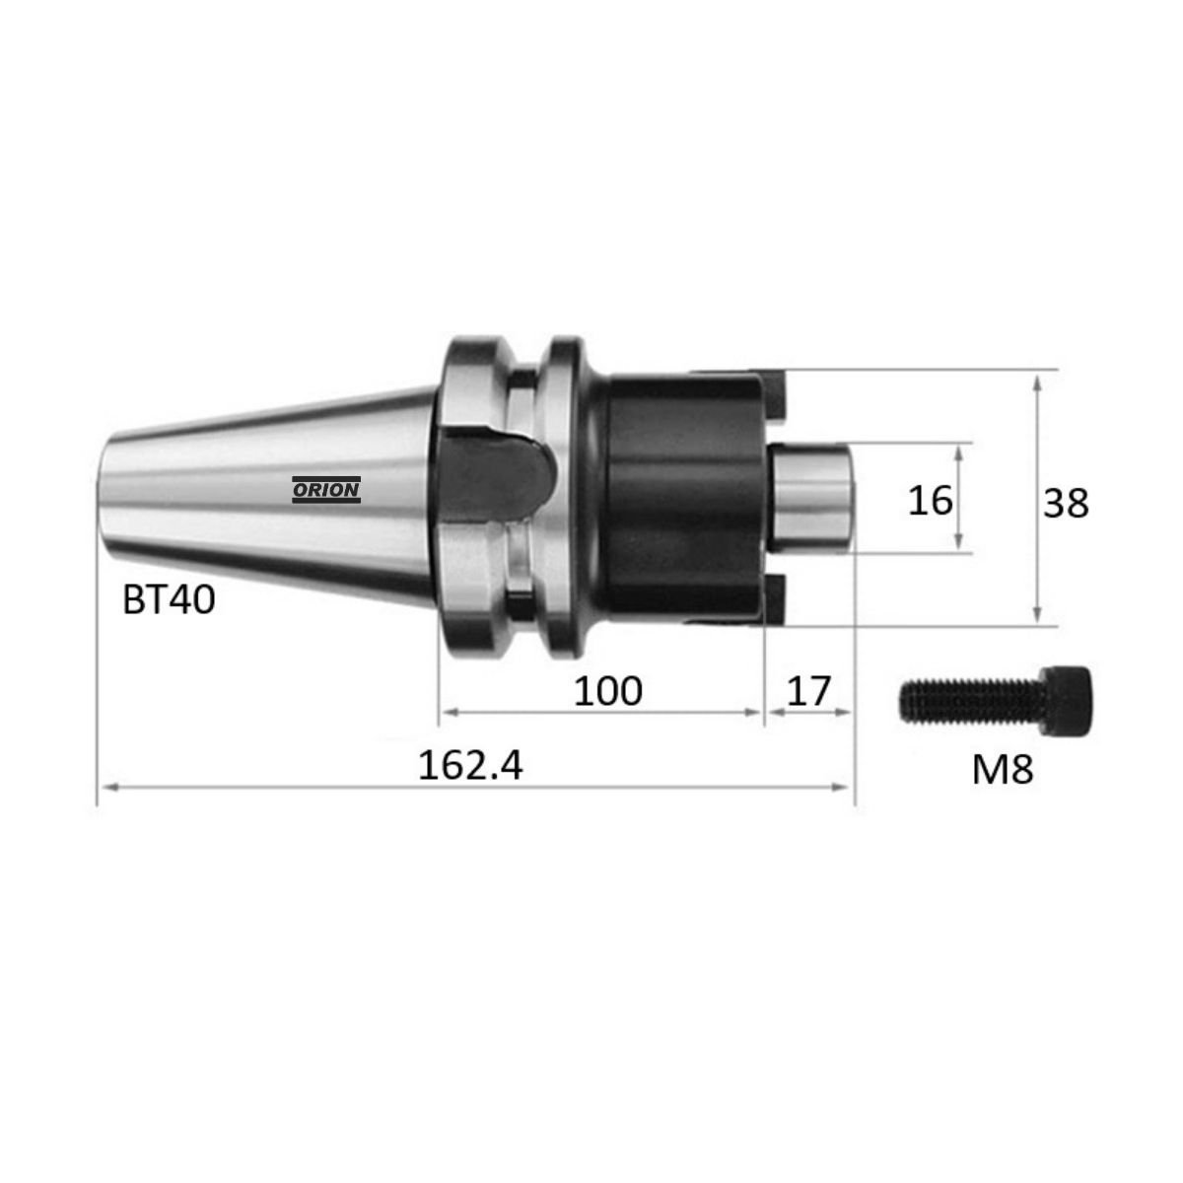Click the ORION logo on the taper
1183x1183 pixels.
point(326,489)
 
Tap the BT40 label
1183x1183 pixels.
point(169,599)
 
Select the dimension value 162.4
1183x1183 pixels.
point(470,766)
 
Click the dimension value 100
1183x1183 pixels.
point(608,690)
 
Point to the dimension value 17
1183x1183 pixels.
point(808,690)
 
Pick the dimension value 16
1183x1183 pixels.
point(930,500)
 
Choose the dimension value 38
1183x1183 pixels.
point(1066,504)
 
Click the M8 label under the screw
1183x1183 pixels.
point(1003,769)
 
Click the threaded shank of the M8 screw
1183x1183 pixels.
point(973,701)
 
